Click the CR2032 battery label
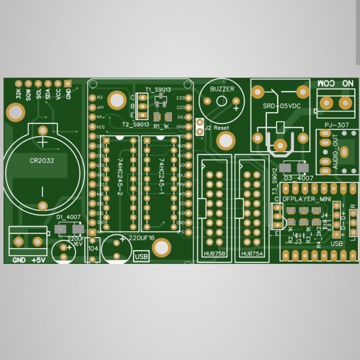point(42,160)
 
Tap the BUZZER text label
point(222,89)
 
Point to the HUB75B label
point(214,254)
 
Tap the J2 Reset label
point(217,128)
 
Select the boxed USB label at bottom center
point(141,256)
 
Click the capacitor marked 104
point(93,248)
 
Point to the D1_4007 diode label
point(68,217)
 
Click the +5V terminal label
point(40,261)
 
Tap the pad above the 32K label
point(18,84)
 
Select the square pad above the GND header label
point(68,83)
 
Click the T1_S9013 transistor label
point(158,90)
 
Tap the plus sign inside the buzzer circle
point(236,108)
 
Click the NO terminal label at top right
point(347,84)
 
